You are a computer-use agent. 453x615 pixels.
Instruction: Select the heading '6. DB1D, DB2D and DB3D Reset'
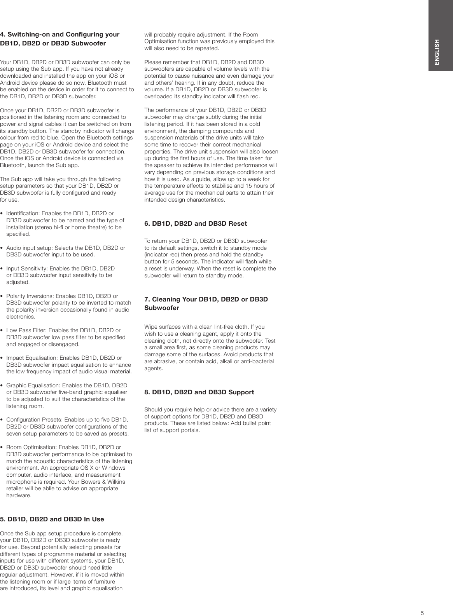pyautogui.click(x=195, y=224)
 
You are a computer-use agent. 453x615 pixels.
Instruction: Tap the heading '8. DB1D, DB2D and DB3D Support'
pyautogui.click(x=199, y=392)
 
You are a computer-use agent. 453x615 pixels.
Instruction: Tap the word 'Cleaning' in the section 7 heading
pyautogui.click(x=165, y=300)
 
